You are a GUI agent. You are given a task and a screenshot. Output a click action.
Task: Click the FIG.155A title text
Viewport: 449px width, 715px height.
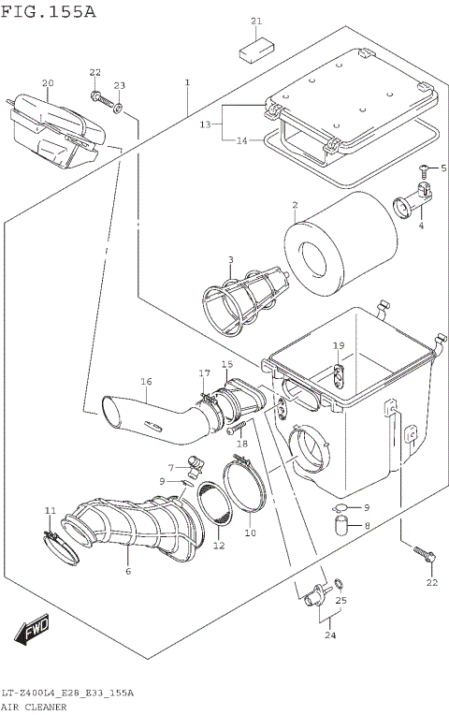tap(48, 12)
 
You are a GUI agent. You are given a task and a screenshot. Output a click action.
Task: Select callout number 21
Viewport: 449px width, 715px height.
tap(256, 21)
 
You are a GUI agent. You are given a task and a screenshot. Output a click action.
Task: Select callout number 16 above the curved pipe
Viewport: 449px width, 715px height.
tap(146, 382)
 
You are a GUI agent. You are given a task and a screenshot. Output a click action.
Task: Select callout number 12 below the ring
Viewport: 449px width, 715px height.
tap(219, 546)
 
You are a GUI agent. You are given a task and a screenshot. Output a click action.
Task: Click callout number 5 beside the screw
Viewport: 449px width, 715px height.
tap(443, 168)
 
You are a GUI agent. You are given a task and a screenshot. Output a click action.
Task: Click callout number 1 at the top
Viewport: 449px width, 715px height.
tap(187, 83)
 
